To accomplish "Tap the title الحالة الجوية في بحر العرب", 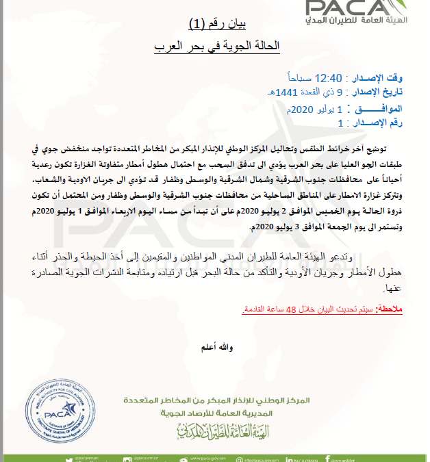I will [x=216, y=48].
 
